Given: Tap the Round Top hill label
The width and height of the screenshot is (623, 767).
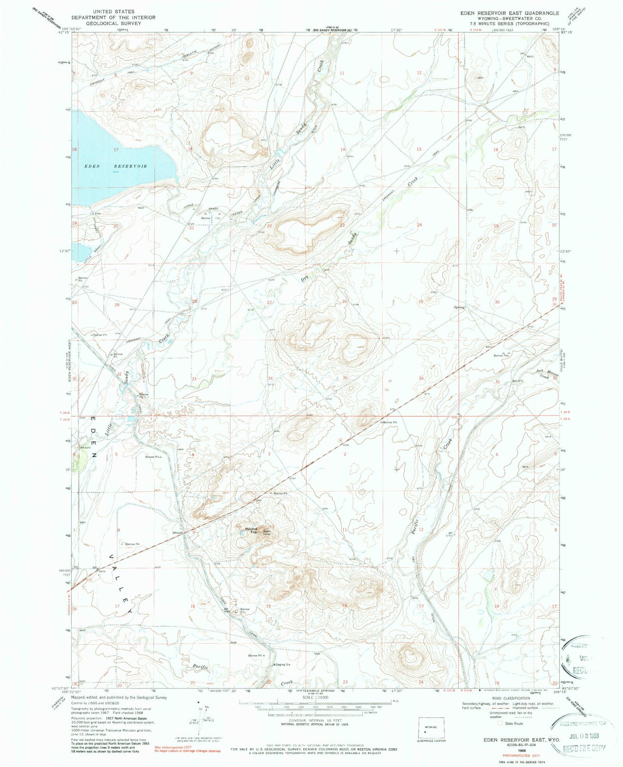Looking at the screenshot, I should click(250, 530).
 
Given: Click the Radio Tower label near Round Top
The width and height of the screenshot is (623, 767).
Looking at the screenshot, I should click(267, 532).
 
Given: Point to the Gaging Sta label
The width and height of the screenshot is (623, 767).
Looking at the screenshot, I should click(283, 664).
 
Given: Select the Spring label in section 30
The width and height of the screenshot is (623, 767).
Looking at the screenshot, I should click(459, 308).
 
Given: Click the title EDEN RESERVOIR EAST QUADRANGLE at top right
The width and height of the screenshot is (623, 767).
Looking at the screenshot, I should click(510, 13).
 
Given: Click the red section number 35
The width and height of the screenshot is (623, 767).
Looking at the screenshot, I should click(345, 378).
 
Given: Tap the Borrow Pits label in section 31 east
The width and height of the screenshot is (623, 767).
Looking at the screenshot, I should click(501, 355).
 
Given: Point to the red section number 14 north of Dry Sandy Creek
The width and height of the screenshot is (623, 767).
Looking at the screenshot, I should click(343, 149).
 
